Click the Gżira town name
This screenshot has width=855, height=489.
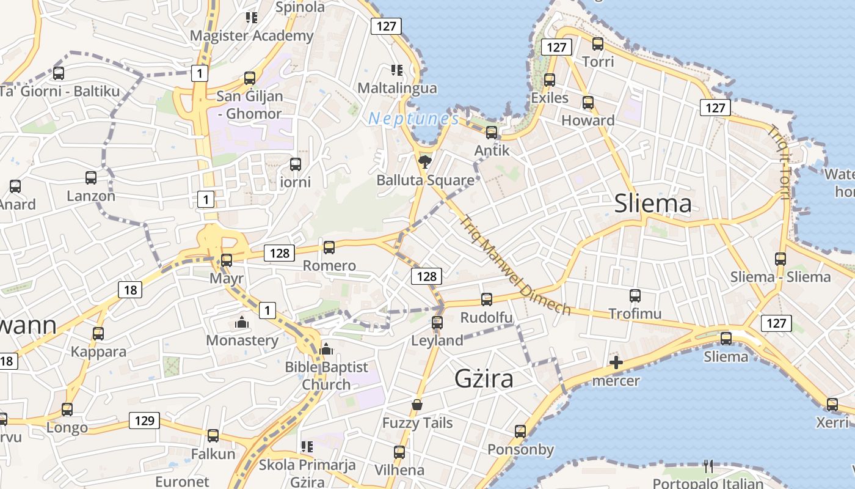484,379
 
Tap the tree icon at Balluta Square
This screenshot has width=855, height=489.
424,163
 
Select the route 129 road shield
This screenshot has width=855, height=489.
144,421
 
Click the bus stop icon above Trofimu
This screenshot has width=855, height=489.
635,296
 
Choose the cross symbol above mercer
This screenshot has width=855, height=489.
616,363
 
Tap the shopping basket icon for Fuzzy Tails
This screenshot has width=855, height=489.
417,405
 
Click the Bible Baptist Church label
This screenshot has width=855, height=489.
327,375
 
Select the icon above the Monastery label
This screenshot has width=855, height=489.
242,322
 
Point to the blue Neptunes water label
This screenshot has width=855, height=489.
413,119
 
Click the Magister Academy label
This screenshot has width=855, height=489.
251,35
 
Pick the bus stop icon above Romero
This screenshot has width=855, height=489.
329,247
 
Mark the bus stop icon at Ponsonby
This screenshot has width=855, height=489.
520,432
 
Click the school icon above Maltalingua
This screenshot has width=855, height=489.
397,70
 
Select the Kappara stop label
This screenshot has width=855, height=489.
98,351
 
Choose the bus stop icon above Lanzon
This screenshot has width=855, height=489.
91,178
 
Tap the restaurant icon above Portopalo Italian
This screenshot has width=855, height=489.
708,466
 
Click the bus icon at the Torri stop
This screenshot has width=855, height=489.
598,44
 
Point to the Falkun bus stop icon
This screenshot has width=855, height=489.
213,436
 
